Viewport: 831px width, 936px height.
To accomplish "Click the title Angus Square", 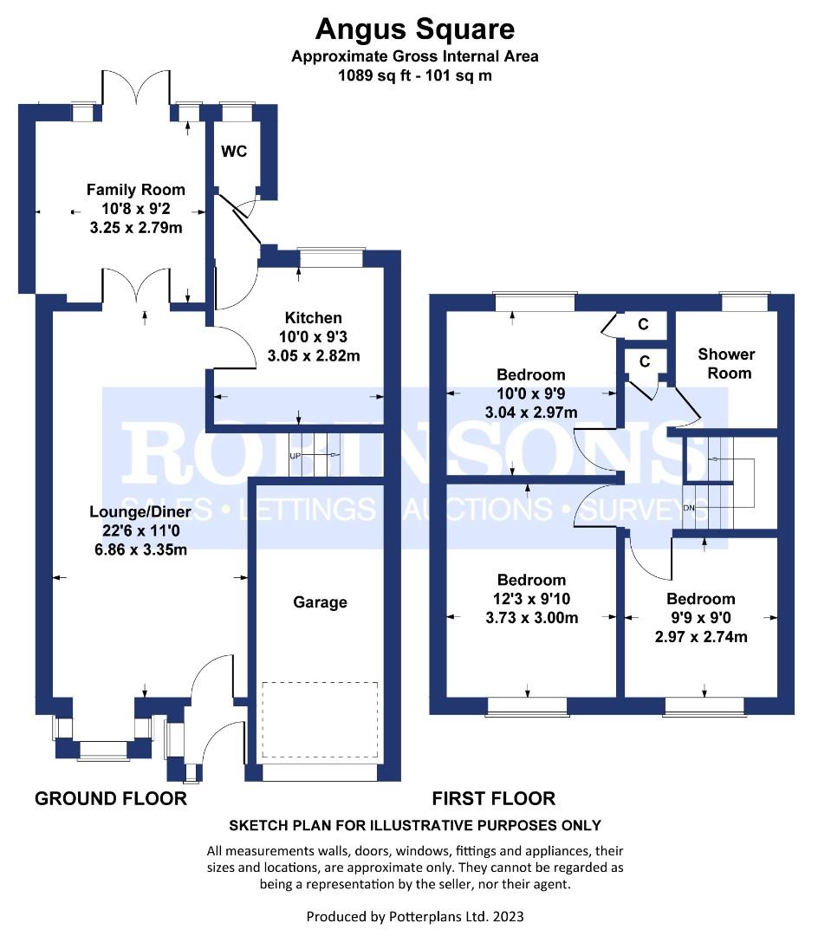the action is click(415, 29).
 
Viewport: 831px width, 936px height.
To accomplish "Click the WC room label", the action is click(234, 152).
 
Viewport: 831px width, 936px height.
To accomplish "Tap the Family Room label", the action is click(136, 190).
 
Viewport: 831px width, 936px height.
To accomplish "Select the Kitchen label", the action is click(314, 317).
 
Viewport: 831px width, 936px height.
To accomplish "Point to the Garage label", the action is click(320, 602).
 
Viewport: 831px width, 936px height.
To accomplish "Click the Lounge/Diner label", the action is click(140, 511).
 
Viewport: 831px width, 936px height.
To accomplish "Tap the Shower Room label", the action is click(726, 363).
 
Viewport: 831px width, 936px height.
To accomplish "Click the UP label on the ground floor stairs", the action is click(295, 456).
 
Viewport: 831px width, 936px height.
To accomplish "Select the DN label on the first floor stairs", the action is click(689, 508).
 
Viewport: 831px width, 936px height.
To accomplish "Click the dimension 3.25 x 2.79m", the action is click(136, 227).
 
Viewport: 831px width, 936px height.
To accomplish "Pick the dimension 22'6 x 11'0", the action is click(141, 530).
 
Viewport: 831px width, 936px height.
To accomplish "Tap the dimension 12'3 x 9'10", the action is click(531, 599).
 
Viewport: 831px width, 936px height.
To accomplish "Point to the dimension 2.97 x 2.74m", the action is click(701, 637).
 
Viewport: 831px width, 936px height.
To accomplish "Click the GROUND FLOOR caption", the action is click(111, 799).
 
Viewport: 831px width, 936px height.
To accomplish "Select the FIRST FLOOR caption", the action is click(494, 799).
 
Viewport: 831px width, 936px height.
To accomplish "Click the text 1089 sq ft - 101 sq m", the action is click(415, 75).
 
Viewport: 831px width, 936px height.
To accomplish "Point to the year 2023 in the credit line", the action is click(508, 916).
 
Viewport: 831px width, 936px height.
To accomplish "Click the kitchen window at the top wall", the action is click(332, 258).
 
